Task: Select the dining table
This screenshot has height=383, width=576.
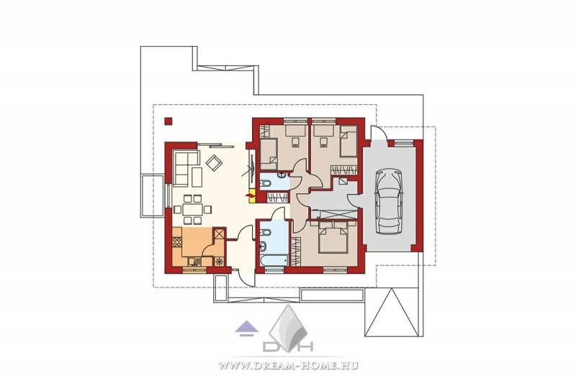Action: pos(192,210)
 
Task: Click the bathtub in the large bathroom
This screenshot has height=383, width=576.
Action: pos(273,261)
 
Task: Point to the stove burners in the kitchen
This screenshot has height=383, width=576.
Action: pos(177,242)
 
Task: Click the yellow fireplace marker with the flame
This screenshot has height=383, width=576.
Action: pos(251,195)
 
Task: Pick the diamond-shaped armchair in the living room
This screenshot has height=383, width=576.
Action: pos(213,162)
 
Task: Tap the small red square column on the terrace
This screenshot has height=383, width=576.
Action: pos(168,121)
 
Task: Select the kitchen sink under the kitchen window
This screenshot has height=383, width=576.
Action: pos(194,262)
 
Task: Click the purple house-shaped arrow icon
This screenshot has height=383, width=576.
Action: pos(246,328)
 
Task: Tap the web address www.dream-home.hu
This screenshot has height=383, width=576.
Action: pos(288,366)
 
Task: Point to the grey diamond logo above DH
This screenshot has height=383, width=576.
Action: pos(288,323)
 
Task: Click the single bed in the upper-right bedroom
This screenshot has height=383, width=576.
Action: pos(348,142)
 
